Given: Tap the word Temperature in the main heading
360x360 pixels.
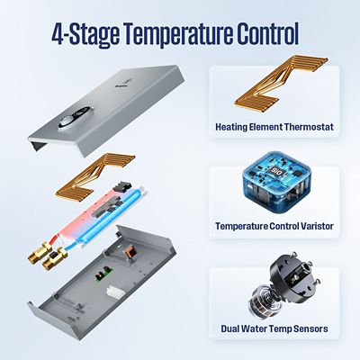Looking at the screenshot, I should (169, 36).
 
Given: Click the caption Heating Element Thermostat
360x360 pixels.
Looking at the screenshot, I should (274, 127).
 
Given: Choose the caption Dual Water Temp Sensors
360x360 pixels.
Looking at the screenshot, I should (274, 328).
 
